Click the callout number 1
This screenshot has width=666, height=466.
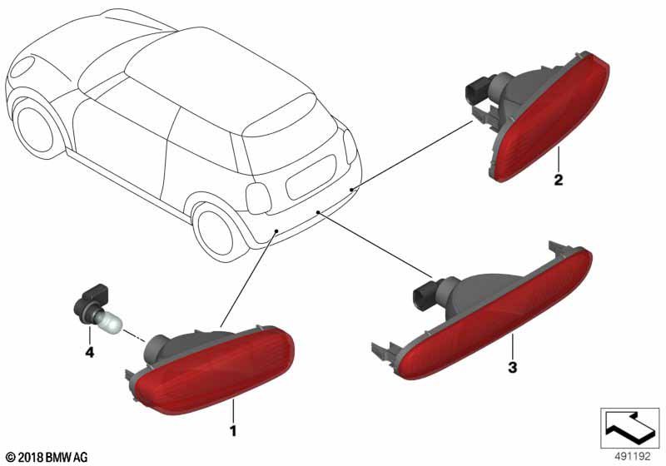point(233,431)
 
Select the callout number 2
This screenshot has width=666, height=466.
point(559,180)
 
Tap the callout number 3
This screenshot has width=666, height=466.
point(513,367)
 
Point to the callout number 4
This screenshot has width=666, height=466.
point(90,352)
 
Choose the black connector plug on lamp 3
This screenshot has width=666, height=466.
point(424,296)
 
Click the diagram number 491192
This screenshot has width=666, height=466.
point(633,457)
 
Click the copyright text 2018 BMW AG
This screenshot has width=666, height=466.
point(47,457)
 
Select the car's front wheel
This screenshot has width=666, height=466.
point(35,128)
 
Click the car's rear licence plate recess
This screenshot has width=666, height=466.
point(311,177)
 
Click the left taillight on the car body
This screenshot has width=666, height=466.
point(258,199)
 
